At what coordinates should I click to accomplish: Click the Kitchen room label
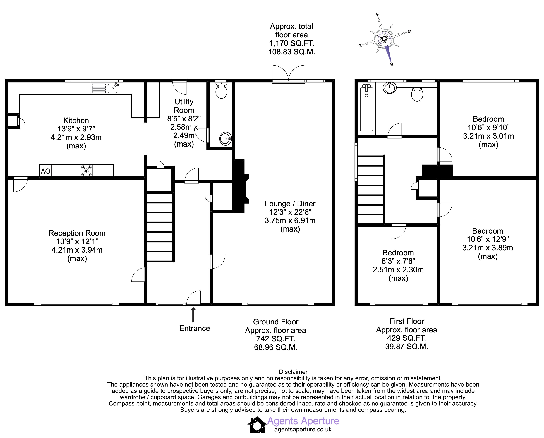click(x=76, y=121)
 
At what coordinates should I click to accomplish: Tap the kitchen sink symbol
click(x=105, y=88)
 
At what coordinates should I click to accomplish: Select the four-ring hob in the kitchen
click(x=86, y=171)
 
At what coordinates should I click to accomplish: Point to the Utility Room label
click(x=184, y=106)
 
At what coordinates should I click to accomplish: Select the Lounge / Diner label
click(x=290, y=204)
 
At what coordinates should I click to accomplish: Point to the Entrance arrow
click(x=193, y=315)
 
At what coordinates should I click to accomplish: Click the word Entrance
click(x=195, y=328)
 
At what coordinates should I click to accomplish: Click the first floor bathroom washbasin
click(x=390, y=88)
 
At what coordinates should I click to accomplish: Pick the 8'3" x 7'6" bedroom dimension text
click(x=398, y=261)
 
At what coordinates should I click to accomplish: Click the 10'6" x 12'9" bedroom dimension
click(x=488, y=239)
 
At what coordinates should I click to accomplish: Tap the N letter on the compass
click(x=392, y=65)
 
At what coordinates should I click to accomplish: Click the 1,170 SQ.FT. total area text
click(x=292, y=43)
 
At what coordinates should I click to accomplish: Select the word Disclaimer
click(x=293, y=372)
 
